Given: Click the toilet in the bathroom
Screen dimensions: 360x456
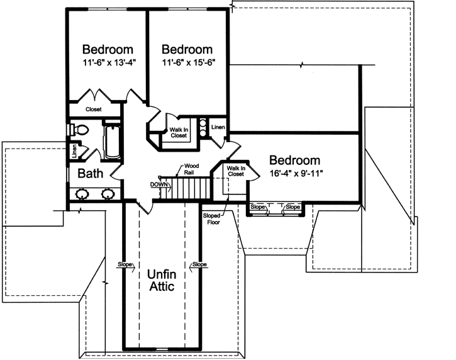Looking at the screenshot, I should pyautogui.click(x=81, y=129).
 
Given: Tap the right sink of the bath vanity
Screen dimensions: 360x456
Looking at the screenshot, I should pyautogui.click(x=107, y=194).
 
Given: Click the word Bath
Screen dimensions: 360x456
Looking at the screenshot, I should pyautogui.click(x=90, y=173).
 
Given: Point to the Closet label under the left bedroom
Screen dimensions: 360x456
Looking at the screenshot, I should pyautogui.click(x=94, y=110).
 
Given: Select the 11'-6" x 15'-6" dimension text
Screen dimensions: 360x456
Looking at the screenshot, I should pyautogui.click(x=186, y=63).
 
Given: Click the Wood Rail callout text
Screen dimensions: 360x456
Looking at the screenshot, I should pyautogui.click(x=191, y=169).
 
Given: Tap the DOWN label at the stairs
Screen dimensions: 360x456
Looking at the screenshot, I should pyautogui.click(x=159, y=184).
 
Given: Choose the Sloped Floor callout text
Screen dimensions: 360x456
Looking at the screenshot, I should pyautogui.click(x=211, y=219).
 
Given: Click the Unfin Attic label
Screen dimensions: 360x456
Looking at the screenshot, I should pyautogui.click(x=161, y=280).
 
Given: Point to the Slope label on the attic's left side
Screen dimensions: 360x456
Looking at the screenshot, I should pyautogui.click(x=124, y=264).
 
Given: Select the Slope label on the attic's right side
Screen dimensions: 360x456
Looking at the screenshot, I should pyautogui.click(x=199, y=264).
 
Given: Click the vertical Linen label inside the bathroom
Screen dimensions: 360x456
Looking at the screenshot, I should pyautogui.click(x=75, y=151).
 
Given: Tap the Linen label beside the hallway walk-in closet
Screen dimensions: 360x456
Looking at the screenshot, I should pyautogui.click(x=218, y=128).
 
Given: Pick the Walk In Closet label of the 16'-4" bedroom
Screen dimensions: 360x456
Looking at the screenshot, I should pyautogui.click(x=235, y=171).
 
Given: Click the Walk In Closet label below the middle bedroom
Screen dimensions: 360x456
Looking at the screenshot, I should pyautogui.click(x=178, y=132).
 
